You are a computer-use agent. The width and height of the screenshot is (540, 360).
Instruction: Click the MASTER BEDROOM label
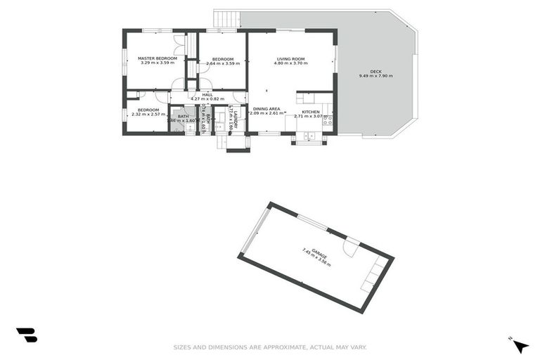(157, 58)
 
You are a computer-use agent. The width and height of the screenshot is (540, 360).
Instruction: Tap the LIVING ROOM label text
(290, 58)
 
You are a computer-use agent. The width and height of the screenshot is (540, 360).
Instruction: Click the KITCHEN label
(311, 112)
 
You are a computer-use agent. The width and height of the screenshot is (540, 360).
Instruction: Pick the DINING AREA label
(267, 109)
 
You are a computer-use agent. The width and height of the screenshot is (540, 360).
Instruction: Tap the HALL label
(207, 94)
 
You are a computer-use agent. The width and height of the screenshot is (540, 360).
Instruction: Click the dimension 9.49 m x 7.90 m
(376, 76)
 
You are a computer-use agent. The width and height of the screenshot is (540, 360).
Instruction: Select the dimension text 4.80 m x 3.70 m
(290, 63)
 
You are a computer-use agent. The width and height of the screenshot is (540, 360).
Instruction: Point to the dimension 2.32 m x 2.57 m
(148, 115)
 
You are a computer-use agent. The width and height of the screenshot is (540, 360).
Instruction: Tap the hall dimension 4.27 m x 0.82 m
(207, 99)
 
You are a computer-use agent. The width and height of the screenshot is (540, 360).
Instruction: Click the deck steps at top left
(226, 18)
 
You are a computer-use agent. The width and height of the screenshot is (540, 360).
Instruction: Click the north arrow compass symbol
(520, 345)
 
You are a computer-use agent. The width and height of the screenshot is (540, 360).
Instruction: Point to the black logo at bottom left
(26, 335)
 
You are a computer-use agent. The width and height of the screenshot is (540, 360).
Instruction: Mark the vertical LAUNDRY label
(236, 117)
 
